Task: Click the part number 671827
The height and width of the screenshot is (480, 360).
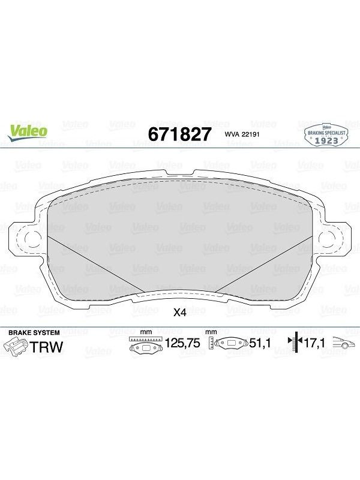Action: [x=179, y=134]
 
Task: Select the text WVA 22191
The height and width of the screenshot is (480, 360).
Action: [x=242, y=134]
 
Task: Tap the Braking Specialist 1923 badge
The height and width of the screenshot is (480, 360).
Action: [x=326, y=135]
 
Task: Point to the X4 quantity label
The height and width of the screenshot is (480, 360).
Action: [x=179, y=313]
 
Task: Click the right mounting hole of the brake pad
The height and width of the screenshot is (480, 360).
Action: [x=327, y=238]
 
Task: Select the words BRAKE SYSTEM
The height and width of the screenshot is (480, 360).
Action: [x=34, y=333]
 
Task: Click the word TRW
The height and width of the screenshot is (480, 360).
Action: [x=46, y=347]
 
